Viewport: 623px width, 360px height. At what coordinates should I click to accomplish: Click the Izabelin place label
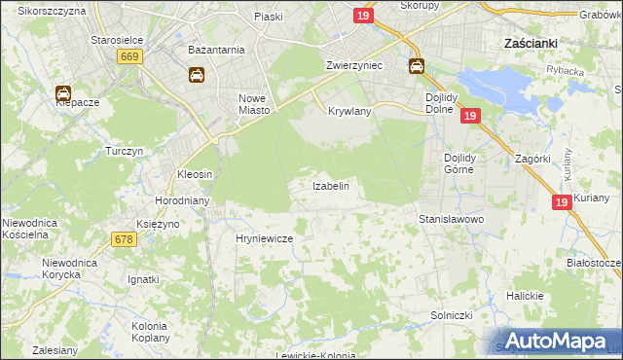coord(330,185)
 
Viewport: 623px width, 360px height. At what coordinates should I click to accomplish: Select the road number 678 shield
coord(123,239)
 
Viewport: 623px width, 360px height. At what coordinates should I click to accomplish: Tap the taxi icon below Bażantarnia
coord(196,74)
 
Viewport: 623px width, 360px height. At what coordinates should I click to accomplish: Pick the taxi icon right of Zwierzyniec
coord(416,66)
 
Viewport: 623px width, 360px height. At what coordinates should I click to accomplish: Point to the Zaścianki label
coord(530,43)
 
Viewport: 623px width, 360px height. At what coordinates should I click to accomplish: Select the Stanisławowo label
coord(452,220)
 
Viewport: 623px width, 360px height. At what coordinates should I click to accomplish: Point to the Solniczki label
coord(452,316)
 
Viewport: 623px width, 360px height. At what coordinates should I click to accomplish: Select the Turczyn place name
coord(125,152)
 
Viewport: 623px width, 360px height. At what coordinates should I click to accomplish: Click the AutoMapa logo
coord(555,341)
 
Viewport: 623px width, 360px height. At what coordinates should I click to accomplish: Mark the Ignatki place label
coord(143,279)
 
